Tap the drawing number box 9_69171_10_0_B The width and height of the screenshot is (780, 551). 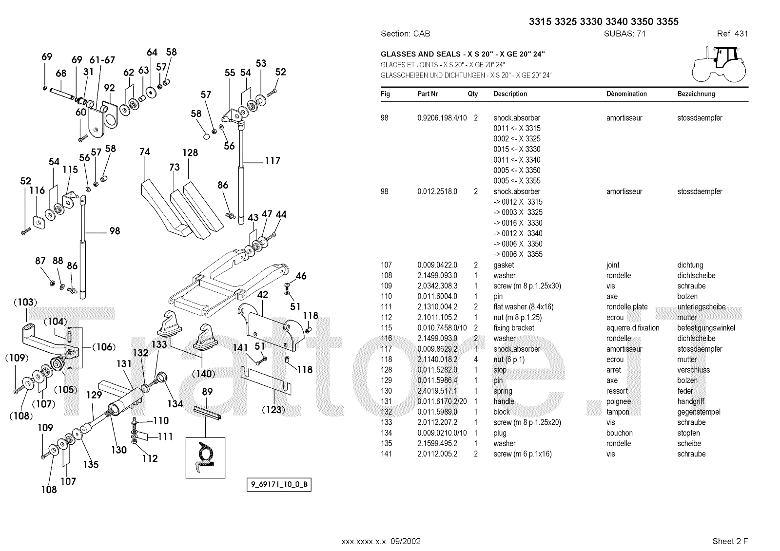278,485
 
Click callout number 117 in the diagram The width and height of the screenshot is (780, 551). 273,161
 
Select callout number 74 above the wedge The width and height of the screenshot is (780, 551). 145,152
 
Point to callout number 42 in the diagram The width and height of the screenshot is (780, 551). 263,295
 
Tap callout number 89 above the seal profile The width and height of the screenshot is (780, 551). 207,392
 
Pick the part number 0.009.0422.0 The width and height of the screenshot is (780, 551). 437,265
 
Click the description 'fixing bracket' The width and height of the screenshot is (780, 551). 514,328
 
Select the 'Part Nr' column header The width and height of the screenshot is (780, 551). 428,94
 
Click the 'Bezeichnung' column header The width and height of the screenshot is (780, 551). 696,94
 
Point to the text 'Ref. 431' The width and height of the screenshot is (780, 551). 732,34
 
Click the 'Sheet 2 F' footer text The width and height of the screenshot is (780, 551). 730,541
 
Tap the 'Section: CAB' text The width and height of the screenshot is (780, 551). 405,34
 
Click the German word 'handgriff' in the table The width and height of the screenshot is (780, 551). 691,401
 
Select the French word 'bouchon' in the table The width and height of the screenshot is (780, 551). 620,433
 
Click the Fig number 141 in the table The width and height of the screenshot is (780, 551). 386,454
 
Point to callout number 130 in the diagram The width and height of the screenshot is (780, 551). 119,450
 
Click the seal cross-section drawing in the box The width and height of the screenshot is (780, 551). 205,458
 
